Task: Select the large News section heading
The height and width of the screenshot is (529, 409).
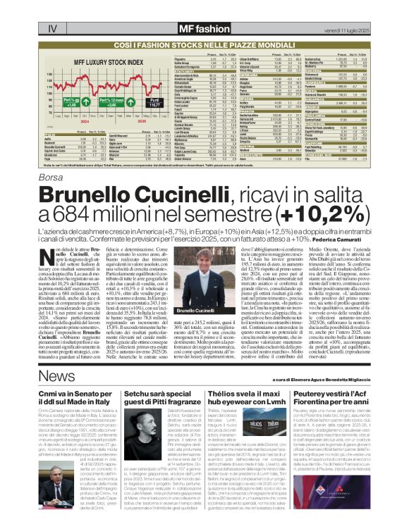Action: click(57, 378)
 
